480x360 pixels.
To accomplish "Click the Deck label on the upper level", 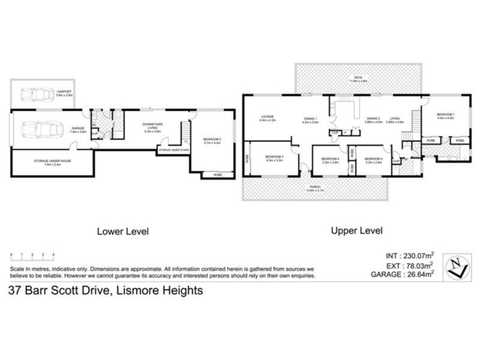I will [x=358, y=78].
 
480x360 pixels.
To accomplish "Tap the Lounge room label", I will [x=268, y=118].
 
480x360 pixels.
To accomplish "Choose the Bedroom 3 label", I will [x=274, y=159].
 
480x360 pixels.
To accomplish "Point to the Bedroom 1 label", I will [x=446, y=116].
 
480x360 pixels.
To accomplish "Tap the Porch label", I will [x=315, y=188].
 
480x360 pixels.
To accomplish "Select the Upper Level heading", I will [x=356, y=230].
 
